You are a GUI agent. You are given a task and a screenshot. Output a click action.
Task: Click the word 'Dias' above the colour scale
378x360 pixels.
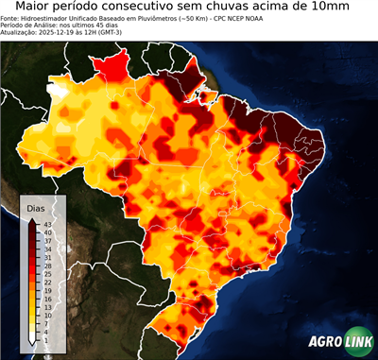coord(36,207)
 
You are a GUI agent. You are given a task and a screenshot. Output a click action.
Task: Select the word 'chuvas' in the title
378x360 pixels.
coord(247,9)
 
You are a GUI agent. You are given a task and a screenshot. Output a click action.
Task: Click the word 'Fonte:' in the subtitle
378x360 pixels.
coord(11,19)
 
